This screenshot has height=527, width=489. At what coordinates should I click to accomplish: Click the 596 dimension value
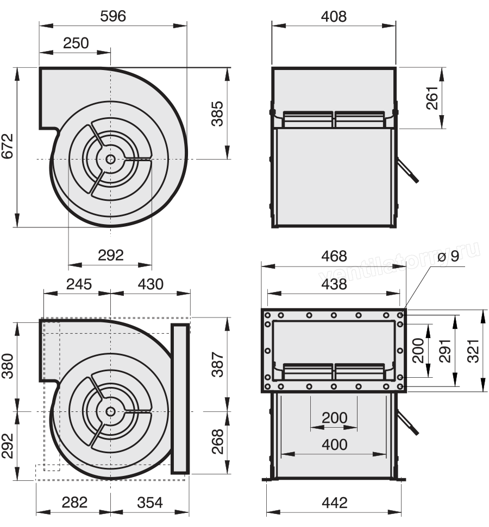[113, 16]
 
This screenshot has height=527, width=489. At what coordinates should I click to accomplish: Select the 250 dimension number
[76, 43]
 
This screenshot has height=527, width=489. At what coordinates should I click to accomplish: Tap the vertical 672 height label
[8, 146]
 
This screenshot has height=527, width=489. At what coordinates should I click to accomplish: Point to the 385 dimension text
[217, 113]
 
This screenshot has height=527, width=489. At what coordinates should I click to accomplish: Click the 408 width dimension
[334, 16]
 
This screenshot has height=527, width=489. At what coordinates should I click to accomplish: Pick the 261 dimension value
[432, 98]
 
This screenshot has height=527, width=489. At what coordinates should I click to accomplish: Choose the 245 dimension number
[79, 284]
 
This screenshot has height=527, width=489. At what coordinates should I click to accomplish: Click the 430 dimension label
[151, 284]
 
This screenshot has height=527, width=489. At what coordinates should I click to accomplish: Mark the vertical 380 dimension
[8, 366]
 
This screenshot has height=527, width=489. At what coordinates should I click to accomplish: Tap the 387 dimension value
[217, 365]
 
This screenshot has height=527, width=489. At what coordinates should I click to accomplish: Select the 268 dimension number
[217, 441]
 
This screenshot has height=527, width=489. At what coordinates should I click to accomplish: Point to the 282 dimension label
[75, 503]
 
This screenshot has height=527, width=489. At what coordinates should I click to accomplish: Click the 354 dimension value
[150, 503]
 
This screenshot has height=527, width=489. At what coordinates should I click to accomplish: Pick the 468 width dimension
[334, 256]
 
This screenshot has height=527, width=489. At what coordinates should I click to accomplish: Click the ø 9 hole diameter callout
[449, 256]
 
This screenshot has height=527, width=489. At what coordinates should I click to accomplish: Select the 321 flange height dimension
[473, 351]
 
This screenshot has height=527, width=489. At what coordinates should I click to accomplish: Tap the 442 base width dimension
[334, 503]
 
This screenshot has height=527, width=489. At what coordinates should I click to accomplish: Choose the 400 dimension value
[334, 445]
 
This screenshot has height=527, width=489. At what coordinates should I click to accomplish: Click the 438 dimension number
[334, 284]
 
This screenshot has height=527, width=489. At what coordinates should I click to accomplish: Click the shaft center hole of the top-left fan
[110, 159]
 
